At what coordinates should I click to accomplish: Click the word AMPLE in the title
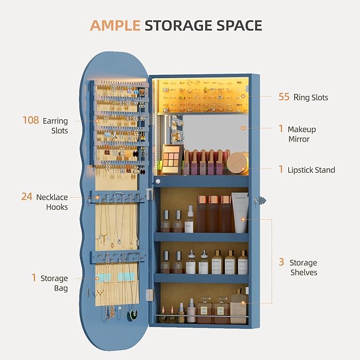[115, 25]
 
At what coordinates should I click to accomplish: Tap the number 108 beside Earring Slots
[31, 120]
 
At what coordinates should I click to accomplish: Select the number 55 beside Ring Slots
[284, 97]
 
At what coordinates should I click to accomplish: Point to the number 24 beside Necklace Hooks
[27, 197]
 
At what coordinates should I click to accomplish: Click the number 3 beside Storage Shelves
[281, 262]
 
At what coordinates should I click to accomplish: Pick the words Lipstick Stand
[311, 170]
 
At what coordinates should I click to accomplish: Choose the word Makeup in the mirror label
[302, 129]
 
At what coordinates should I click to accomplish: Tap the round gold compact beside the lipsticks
[238, 163]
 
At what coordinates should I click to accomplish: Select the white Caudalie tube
[240, 213]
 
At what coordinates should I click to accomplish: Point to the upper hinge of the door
[150, 194]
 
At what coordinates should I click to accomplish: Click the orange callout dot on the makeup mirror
[243, 128]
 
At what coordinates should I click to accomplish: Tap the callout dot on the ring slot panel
[243, 96]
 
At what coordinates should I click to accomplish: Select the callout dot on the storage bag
[98, 278]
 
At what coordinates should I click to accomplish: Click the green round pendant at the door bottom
[133, 314]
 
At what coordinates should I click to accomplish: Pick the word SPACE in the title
[239, 25]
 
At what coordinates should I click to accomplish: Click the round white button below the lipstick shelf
[157, 181]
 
